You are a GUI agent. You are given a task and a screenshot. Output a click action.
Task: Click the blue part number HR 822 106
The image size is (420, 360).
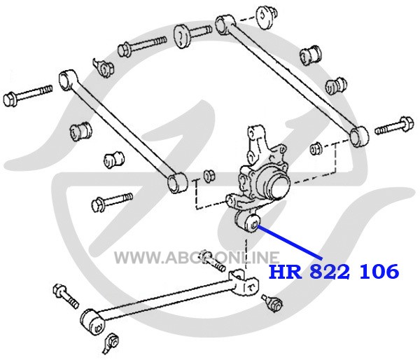tap(334, 271)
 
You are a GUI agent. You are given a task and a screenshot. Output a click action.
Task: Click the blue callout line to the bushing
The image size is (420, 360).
tap(290, 243)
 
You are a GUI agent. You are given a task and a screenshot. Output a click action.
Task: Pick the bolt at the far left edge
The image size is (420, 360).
tap(27, 95)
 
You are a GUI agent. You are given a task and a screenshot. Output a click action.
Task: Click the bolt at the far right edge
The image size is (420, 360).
tap(394, 126)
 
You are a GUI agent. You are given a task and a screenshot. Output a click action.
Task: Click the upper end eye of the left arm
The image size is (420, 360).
tap(67, 80)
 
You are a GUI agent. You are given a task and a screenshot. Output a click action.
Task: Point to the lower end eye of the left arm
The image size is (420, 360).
tap(177, 183)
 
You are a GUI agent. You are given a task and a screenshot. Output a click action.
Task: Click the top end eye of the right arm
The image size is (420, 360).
tap(225, 25)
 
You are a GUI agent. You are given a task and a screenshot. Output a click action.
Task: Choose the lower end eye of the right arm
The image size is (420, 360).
tap(359, 137)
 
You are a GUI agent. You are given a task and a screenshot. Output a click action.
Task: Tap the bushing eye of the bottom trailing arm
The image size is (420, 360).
tap(93, 322)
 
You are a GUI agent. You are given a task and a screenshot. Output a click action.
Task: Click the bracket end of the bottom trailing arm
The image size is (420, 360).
tap(244, 283)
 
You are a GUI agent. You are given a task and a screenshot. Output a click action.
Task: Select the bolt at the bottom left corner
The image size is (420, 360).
tap(66, 296)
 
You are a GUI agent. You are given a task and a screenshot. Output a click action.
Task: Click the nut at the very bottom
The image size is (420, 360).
tap(111, 343)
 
